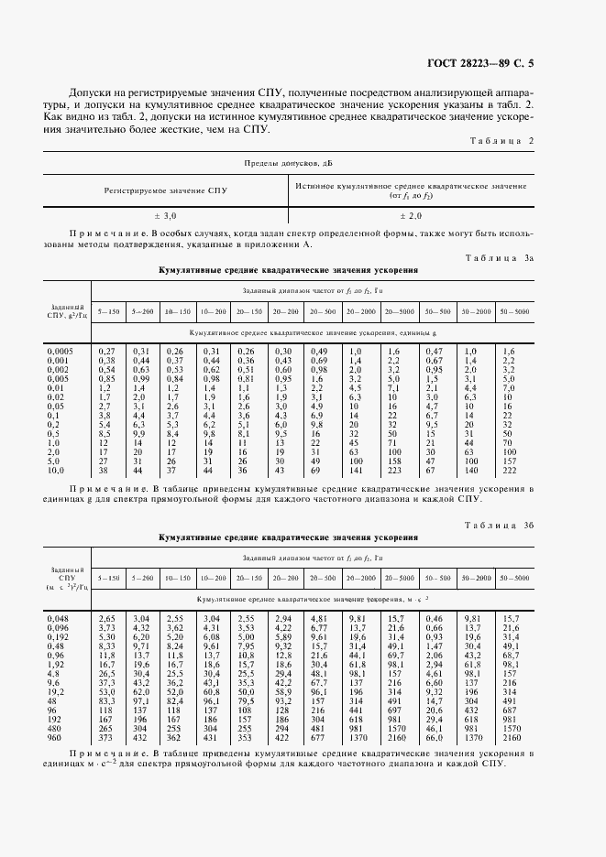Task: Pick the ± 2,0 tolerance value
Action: (x=410, y=216)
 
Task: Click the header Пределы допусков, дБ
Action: (x=289, y=162)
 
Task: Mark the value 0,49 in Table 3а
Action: (x=318, y=352)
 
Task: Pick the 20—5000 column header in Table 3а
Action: (x=399, y=313)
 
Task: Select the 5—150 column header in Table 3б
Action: (x=108, y=579)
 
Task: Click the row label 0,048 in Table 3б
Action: (x=57, y=619)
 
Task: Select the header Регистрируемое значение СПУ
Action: (x=165, y=190)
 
